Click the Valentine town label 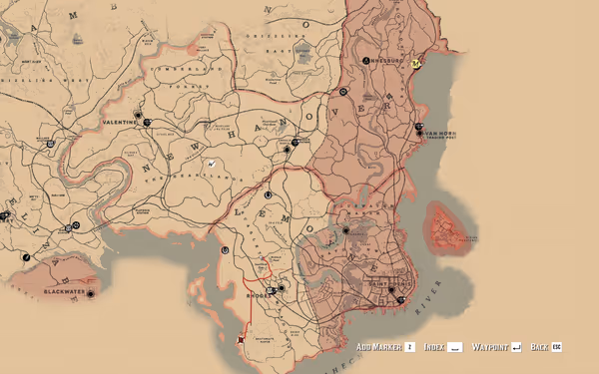(x=119, y=122)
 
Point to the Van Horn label (x=439, y=133)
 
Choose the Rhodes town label (x=258, y=296)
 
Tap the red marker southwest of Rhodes (x=241, y=341)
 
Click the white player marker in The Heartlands (x=212, y=164)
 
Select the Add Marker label (x=379, y=347)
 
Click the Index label (x=433, y=347)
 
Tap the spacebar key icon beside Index (x=455, y=347)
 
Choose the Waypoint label (x=490, y=347)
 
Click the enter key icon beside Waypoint (x=516, y=347)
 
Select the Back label (x=539, y=347)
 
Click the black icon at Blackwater (x=93, y=294)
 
